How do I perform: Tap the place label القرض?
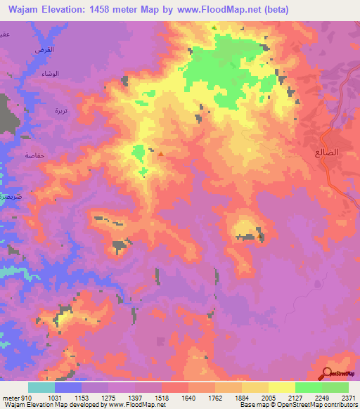pyautogui.click(x=44, y=51)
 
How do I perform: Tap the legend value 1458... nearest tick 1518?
pyautogui.click(x=161, y=397)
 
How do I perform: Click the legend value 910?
pyautogui.click(x=25, y=397)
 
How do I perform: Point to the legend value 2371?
pyautogui.click(x=349, y=397)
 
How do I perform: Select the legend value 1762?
pyautogui.click(x=215, y=397)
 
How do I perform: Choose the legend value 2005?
pyautogui.click(x=269, y=397)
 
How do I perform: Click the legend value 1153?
pyautogui.click(x=81, y=397)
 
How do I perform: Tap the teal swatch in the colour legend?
pyautogui.click(x=41, y=387)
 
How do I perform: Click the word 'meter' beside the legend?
pyautogui.click(x=10, y=397)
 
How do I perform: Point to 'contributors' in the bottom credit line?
pyautogui.click(x=339, y=405)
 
